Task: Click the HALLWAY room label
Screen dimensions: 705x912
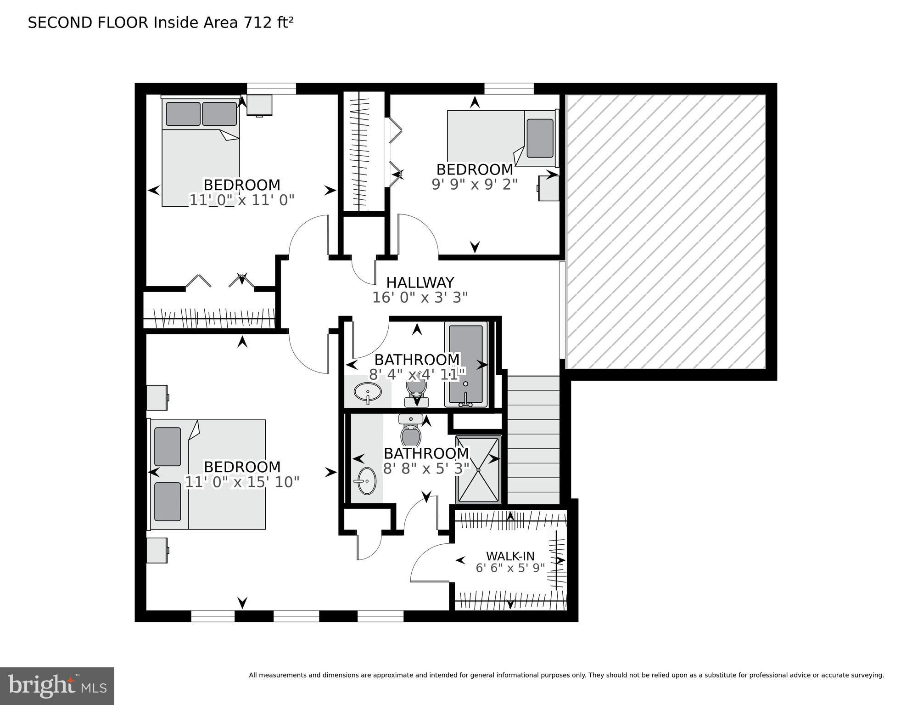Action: coord(420,282)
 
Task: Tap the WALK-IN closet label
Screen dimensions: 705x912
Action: coord(510,556)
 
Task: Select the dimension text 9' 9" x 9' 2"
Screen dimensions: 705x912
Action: coord(474,184)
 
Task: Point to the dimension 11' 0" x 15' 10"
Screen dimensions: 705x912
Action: coord(242,482)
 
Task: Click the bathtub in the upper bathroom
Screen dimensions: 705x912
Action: coord(466,364)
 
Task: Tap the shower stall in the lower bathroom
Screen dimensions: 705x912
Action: coord(478,469)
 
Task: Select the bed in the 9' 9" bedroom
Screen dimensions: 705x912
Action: coord(501,138)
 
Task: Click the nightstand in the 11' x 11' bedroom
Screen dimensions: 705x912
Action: coord(259,105)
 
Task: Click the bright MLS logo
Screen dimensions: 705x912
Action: coord(57,686)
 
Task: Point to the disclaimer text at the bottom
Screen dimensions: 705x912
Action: coord(566,675)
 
